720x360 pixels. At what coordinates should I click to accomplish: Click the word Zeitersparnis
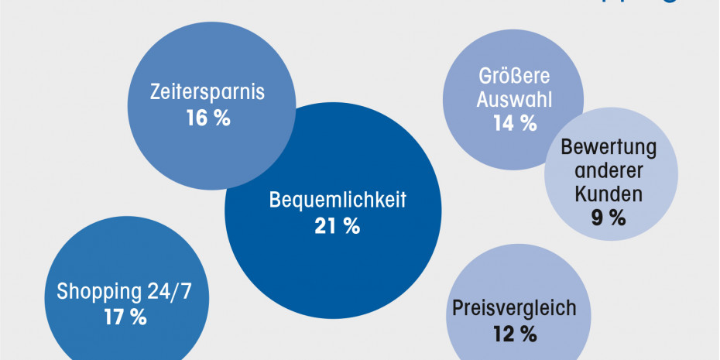(207, 92)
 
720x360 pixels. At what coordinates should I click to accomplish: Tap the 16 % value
(207, 119)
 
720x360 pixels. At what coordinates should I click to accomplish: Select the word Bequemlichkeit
(338, 199)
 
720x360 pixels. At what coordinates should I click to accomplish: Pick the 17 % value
(125, 317)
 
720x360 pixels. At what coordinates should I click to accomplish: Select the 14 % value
(515, 123)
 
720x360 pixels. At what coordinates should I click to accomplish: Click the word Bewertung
(609, 147)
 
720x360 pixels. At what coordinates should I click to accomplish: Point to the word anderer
(609, 170)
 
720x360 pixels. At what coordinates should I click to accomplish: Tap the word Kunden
(609, 194)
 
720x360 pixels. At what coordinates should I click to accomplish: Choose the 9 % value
(609, 218)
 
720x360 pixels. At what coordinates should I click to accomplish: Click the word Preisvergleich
(514, 308)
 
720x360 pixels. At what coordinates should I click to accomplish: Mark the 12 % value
(514, 334)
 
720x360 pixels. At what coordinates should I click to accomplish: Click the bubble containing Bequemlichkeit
(333, 263)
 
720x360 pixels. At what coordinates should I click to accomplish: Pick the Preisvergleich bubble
(514, 279)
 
